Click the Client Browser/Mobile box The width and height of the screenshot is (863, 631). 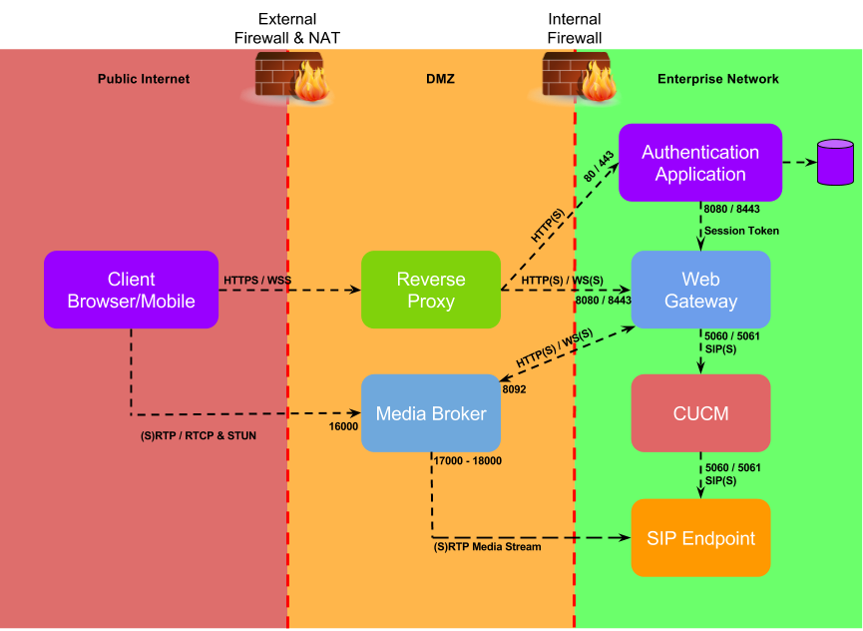click(x=131, y=290)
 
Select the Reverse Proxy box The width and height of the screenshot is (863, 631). click(x=431, y=290)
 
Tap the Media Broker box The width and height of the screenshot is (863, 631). click(x=431, y=413)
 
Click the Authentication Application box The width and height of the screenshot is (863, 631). click(x=700, y=163)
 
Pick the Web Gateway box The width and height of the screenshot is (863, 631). click(x=700, y=290)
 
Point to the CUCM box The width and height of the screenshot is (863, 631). click(x=700, y=413)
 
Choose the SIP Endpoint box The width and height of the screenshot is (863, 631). click(x=700, y=538)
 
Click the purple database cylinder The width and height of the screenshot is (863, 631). click(x=835, y=162)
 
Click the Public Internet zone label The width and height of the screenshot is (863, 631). click(x=144, y=79)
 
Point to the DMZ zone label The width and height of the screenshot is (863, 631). click(x=440, y=79)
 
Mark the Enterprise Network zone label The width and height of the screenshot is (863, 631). click(x=718, y=79)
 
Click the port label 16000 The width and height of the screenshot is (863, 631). click(x=343, y=426)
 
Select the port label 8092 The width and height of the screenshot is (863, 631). click(x=514, y=389)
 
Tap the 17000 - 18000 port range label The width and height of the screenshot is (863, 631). click(x=468, y=461)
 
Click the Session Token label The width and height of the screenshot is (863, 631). click(x=741, y=231)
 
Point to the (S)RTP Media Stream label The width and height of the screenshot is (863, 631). click(x=487, y=547)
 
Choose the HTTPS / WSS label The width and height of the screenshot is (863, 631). click(x=257, y=281)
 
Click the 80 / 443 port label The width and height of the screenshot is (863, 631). click(x=599, y=167)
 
